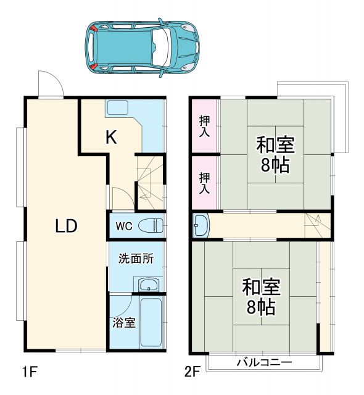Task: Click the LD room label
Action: (x=66, y=226)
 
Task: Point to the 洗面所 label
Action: (x=136, y=259)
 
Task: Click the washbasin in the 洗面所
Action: (x=148, y=285)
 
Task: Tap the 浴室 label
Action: (x=124, y=323)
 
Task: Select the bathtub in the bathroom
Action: (x=151, y=323)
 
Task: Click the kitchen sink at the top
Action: (x=117, y=107)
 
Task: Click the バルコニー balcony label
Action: (x=264, y=362)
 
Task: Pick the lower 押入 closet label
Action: (x=204, y=183)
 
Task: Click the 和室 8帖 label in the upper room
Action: (x=275, y=154)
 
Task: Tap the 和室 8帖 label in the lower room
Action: (x=260, y=297)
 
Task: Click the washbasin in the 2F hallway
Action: (x=201, y=225)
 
